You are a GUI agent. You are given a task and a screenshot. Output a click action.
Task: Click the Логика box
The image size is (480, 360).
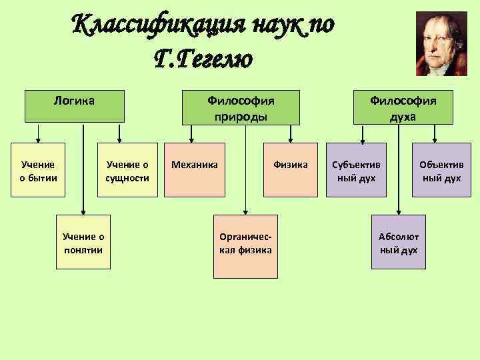(74, 107)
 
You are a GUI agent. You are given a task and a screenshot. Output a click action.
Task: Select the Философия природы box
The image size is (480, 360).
(241, 107)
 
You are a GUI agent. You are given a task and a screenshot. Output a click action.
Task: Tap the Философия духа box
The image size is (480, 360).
(403, 107)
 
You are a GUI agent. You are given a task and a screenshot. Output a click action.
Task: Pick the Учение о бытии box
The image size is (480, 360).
(39, 170)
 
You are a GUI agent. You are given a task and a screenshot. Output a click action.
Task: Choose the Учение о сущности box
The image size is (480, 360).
(127, 170)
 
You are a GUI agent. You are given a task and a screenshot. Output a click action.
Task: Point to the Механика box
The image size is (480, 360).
(195, 170)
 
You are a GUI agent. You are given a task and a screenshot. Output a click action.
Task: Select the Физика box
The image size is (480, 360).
(289, 170)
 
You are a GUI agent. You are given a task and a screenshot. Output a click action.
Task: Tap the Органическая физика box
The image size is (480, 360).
(245, 245)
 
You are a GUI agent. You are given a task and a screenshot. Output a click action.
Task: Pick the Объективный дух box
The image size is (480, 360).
(441, 170)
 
